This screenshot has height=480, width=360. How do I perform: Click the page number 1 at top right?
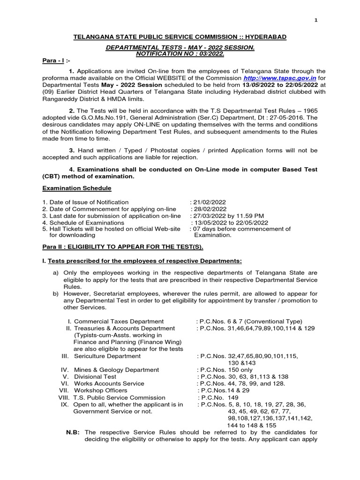click(x=316, y=20)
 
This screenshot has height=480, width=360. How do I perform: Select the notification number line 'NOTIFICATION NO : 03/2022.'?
click(x=180, y=54)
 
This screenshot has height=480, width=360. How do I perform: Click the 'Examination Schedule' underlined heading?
click(x=77, y=188)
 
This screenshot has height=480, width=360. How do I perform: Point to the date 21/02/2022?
click(x=209, y=202)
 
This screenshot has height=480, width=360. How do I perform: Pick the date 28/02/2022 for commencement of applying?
click(x=209, y=209)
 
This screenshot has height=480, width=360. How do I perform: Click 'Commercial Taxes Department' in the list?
click(x=119, y=322)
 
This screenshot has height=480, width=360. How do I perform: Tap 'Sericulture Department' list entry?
click(x=107, y=356)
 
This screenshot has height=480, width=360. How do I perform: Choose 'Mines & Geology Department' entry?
click(x=117, y=370)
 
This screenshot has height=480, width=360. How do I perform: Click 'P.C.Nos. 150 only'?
click(x=225, y=370)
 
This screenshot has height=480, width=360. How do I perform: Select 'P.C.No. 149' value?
click(x=217, y=397)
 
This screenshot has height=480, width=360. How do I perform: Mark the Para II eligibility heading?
click(x=123, y=247)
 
